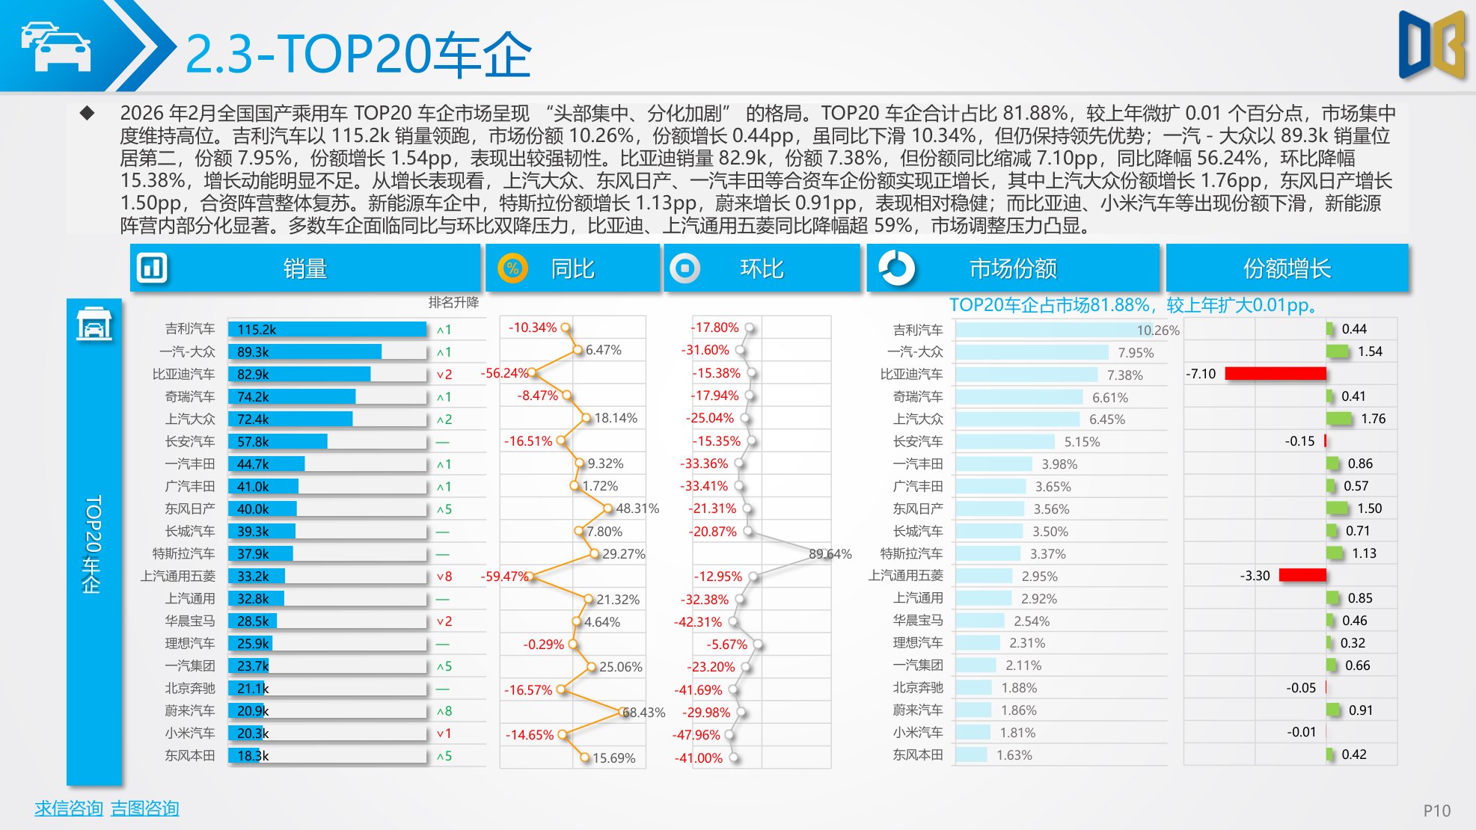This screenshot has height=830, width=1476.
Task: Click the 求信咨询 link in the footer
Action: pyautogui.click(x=68, y=808)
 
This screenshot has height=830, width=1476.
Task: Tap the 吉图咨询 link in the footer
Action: pyautogui.click(x=145, y=808)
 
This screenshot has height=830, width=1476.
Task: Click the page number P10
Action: pyautogui.click(x=1436, y=811)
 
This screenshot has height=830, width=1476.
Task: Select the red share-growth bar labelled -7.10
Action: pyautogui.click(x=1275, y=373)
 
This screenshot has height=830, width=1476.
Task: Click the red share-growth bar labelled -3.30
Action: pyautogui.click(x=1302, y=575)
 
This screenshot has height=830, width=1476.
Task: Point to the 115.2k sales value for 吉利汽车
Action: pyautogui.click(x=257, y=330)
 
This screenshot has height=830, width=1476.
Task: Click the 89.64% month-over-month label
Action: pyautogui.click(x=830, y=554)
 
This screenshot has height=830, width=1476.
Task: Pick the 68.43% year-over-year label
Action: pyautogui.click(x=643, y=713)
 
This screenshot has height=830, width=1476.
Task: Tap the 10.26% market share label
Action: pyautogui.click(x=1157, y=331)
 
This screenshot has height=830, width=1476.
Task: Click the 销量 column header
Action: pyautogui.click(x=305, y=268)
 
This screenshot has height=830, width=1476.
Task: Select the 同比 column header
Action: pyautogui.click(x=572, y=268)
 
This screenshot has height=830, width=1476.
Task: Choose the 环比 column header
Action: pyautogui.click(x=762, y=268)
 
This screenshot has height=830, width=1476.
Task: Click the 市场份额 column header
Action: pyautogui.click(x=1013, y=268)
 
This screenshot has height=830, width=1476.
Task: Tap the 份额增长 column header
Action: pyautogui.click(x=1287, y=268)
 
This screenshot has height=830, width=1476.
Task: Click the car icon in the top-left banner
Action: pyautogui.click(x=56, y=46)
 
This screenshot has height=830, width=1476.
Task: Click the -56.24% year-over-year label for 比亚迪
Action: pyautogui.click(x=504, y=373)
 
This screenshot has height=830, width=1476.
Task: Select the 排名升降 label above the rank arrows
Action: pyautogui.click(x=453, y=302)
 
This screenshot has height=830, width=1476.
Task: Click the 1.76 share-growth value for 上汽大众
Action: pyautogui.click(x=1374, y=419)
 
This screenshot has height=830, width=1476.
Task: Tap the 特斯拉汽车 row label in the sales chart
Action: pyautogui.click(x=183, y=553)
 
